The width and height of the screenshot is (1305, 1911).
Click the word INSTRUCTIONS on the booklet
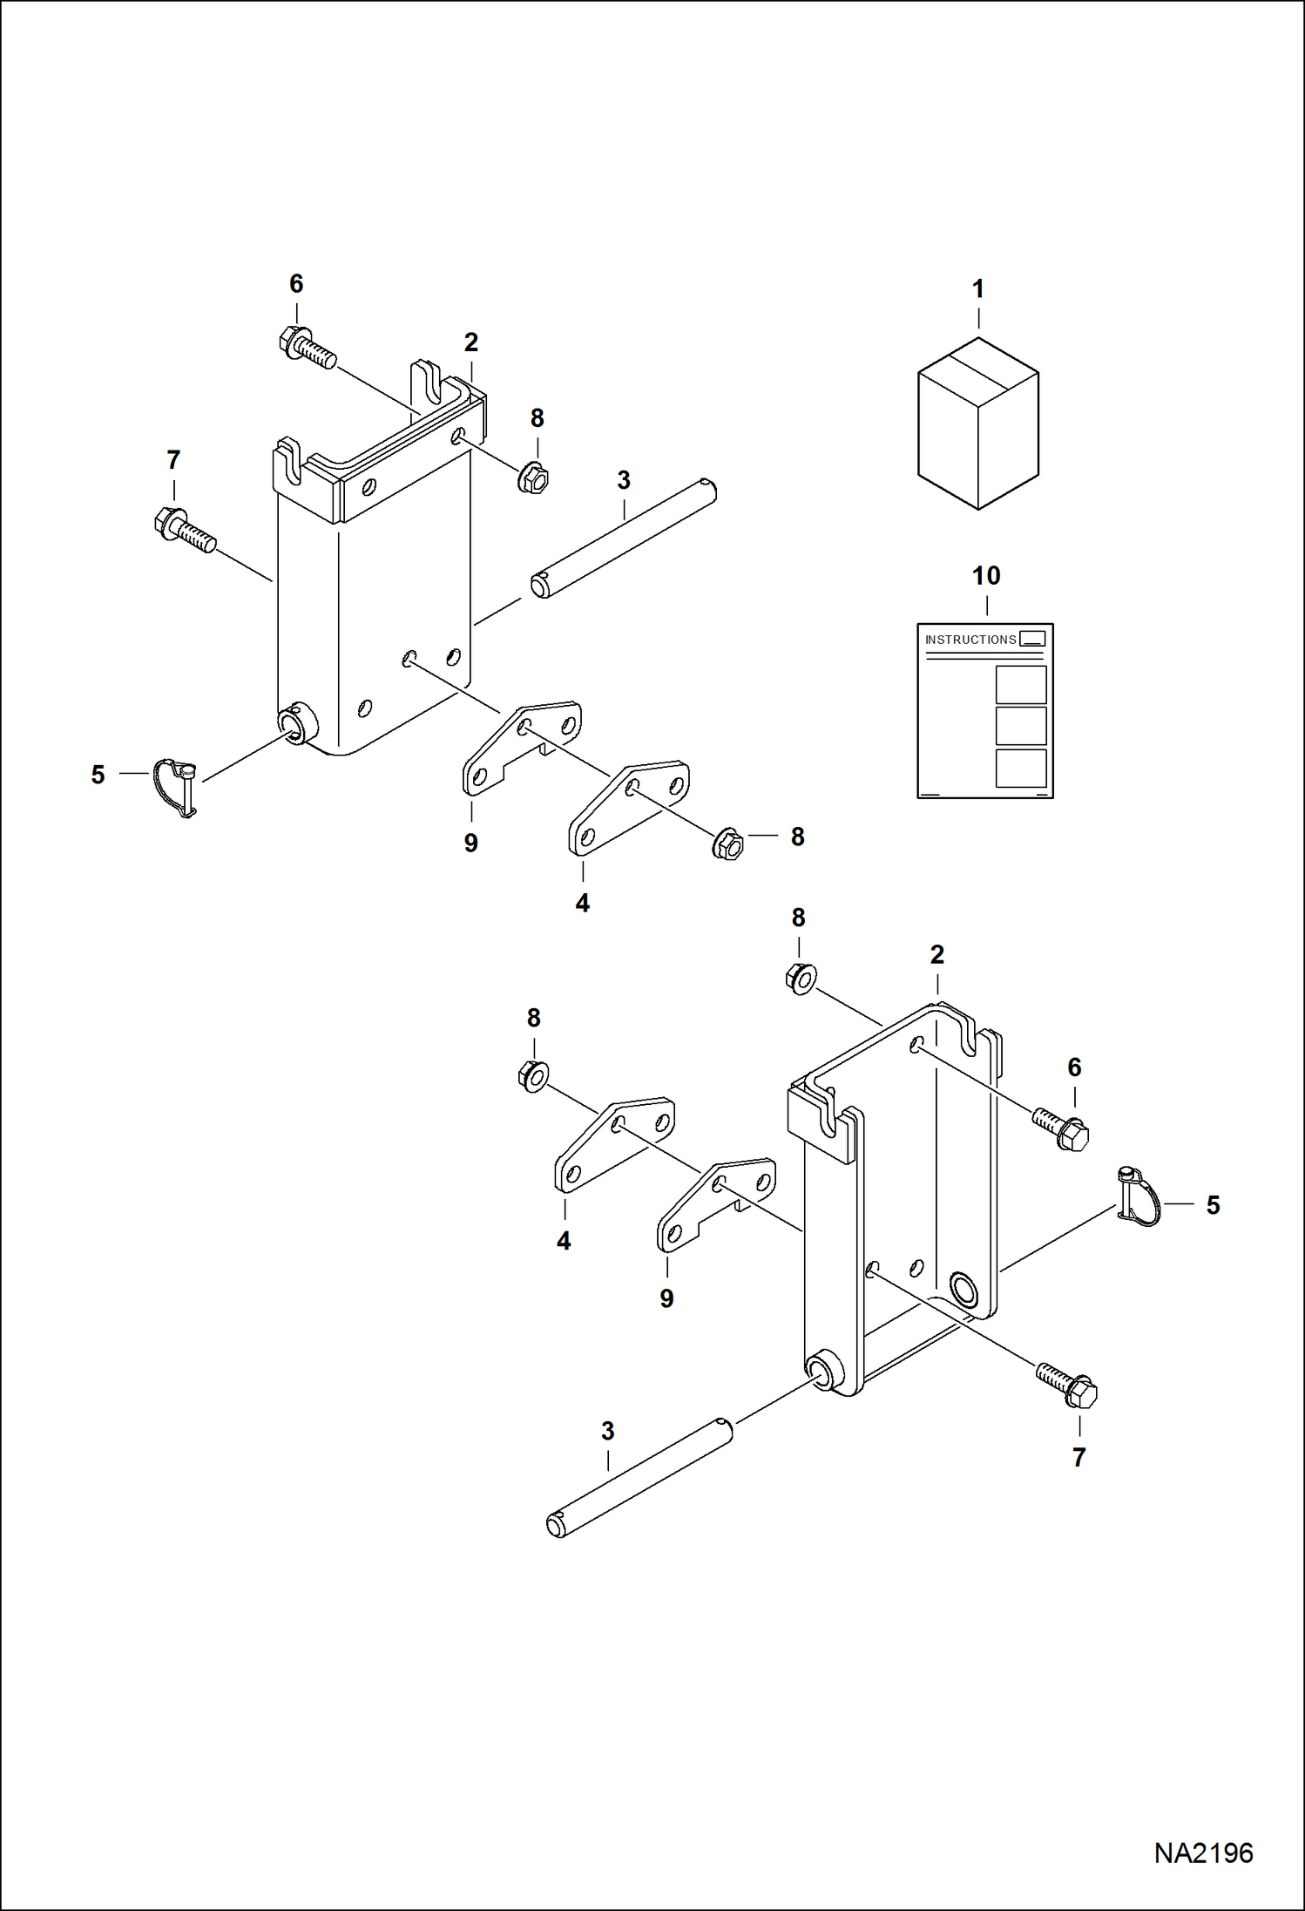click(970, 640)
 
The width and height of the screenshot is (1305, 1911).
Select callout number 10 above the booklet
click(985, 576)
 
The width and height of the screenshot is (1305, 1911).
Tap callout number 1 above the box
click(977, 289)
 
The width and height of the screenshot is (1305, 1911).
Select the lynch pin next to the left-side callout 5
click(178, 785)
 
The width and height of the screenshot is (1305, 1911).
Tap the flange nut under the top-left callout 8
click(532, 479)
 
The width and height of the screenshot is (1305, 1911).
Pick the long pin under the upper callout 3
click(624, 539)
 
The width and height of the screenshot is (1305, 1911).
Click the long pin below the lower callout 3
click(639, 1479)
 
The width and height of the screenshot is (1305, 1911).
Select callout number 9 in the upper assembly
click(470, 844)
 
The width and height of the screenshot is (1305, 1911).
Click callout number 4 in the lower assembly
click(564, 1241)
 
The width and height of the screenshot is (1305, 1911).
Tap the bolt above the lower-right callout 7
click(1067, 1384)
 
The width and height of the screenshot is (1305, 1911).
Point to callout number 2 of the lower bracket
click(936, 955)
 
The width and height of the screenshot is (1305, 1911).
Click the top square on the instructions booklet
click(1020, 684)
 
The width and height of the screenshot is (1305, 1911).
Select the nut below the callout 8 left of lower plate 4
click(532, 1076)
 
